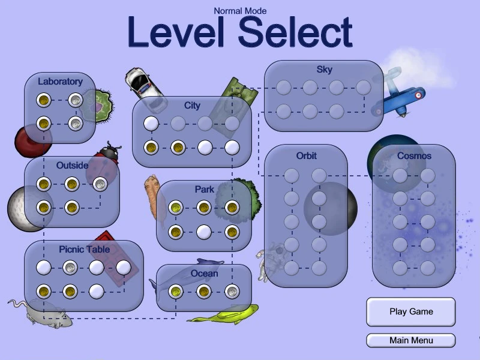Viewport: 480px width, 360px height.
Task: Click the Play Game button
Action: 411,312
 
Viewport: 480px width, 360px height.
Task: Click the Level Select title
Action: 239,32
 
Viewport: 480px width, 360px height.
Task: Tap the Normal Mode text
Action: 240,11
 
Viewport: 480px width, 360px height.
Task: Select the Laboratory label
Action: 60,82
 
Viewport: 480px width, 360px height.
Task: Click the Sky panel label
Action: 324,70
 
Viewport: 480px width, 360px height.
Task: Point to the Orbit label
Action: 306,156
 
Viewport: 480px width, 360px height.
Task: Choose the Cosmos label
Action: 414,156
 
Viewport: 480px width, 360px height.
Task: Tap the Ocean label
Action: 204,274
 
